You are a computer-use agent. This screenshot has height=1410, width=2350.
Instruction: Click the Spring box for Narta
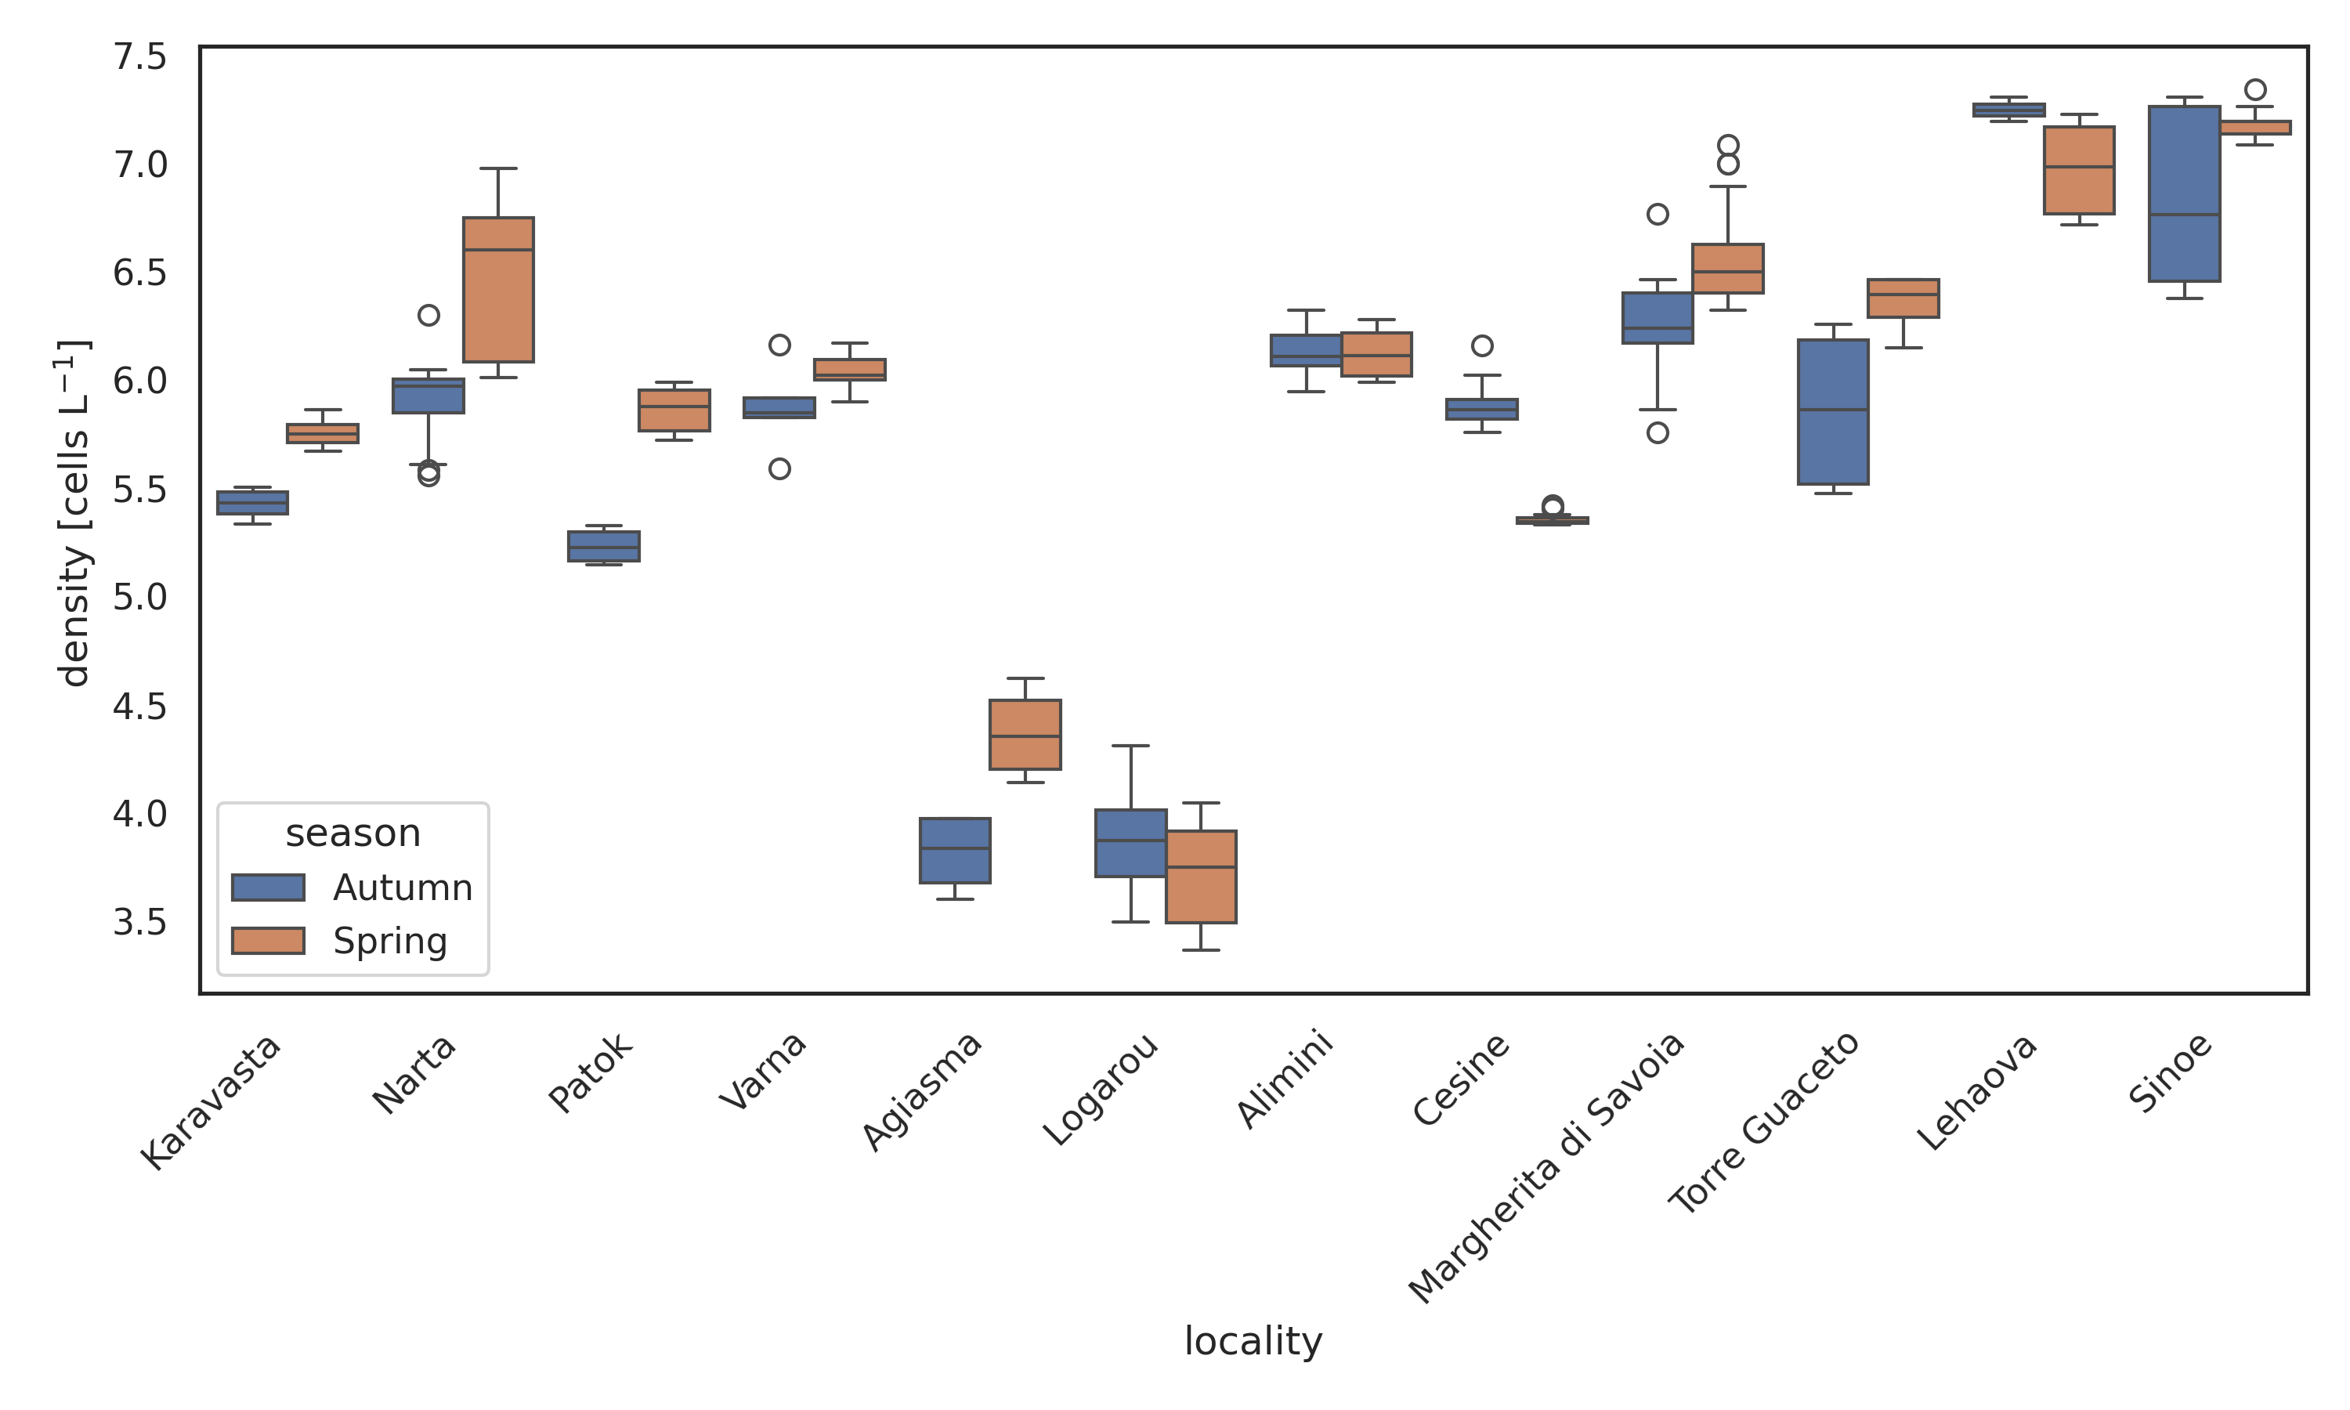(x=497, y=290)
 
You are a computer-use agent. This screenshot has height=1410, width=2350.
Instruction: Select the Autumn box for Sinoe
(x=2184, y=193)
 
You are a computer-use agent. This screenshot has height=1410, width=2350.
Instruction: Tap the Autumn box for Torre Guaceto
(x=1832, y=411)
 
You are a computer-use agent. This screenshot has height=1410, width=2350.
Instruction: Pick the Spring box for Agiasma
(x=1025, y=735)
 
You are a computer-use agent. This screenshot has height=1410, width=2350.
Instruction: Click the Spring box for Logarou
(x=1201, y=876)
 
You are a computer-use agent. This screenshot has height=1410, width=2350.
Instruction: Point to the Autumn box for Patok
(x=603, y=546)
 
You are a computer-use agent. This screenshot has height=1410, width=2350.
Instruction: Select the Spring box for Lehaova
(x=2078, y=170)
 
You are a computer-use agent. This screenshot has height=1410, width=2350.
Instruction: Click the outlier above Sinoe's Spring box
(x=2255, y=90)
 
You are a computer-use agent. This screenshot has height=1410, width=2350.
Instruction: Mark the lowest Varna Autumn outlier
(x=779, y=468)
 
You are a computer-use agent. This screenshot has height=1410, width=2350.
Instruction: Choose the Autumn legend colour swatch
(x=268, y=888)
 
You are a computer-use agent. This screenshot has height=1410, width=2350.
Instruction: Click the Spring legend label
(x=389, y=941)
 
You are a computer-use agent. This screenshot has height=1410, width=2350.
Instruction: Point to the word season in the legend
(x=352, y=833)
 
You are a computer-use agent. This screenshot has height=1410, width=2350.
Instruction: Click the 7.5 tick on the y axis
(x=139, y=57)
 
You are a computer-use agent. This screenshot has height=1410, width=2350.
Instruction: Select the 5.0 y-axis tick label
(x=139, y=598)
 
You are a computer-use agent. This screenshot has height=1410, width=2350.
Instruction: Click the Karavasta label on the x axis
(x=211, y=1102)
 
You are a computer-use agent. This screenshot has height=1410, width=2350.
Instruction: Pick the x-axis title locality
(x=1252, y=1340)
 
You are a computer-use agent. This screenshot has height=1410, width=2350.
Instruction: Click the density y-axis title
(x=74, y=513)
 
